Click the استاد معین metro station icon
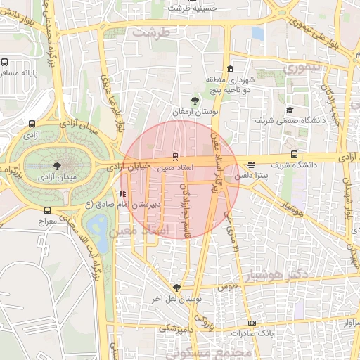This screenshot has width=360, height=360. pos(174,157)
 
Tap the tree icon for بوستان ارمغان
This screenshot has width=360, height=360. pos(195,101)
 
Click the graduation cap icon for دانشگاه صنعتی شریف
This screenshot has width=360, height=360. pos(290,110)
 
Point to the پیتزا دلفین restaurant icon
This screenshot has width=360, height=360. pos(252,165)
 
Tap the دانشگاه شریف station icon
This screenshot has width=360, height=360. pos(294,154)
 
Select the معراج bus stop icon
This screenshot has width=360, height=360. pos(47,210)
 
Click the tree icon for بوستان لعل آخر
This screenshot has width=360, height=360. pos(176,287)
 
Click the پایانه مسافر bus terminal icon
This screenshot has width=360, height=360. pos(5,62)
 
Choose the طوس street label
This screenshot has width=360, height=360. pos(227,288)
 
